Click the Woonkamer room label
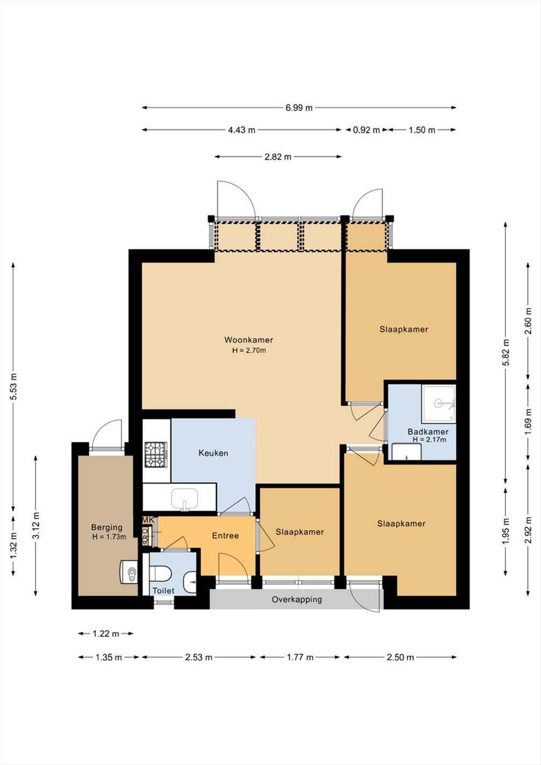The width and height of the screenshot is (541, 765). click(248, 340)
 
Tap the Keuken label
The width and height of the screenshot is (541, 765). click(213, 453)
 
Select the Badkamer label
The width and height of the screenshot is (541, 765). click(428, 432)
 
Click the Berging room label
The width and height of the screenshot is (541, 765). click(107, 527)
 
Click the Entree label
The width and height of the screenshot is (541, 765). click(225, 536)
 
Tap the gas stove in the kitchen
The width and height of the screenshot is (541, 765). click(156, 455)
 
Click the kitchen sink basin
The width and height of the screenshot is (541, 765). click(185, 498)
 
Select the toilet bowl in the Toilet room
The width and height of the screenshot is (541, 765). click(160, 573)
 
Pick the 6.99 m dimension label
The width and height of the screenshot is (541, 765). click(299, 108)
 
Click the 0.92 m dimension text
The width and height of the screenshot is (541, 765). click(366, 130)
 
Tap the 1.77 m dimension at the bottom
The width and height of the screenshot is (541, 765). click(299, 658)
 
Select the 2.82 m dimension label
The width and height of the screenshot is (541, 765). click(278, 157)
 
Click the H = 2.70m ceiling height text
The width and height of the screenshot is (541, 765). click(249, 351)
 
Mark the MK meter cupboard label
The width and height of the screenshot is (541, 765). click(148, 520)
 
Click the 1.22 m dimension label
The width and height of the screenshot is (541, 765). click(106, 634)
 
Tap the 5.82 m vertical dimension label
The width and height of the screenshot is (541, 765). click(506, 352)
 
